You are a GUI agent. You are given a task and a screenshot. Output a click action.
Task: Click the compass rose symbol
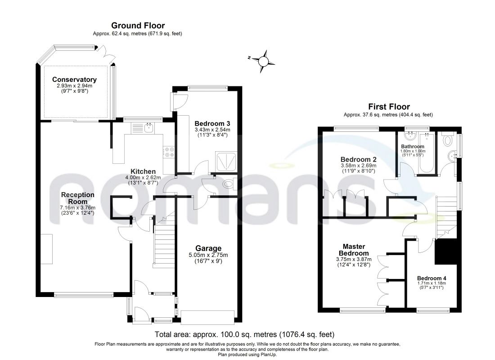263,61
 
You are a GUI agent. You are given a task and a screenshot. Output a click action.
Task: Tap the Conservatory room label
74,80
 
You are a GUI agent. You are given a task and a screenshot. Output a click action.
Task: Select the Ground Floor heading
138,25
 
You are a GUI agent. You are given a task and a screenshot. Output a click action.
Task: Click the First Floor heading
389,107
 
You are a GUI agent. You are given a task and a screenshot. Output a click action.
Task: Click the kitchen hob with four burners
169,152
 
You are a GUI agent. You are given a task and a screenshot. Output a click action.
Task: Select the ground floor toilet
229,184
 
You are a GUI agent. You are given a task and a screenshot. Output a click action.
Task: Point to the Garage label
208,248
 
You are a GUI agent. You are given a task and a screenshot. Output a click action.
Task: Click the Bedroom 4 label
432,278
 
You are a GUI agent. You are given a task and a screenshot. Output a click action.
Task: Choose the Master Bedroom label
354,250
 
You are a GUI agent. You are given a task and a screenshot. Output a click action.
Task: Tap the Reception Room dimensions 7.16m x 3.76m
78,207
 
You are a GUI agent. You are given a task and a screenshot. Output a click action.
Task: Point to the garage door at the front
208,317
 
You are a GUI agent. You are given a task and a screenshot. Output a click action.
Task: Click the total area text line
244,334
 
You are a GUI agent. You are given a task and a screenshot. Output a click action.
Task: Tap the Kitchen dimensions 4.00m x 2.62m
143,177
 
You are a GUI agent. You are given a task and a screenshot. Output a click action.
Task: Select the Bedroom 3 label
212,123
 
